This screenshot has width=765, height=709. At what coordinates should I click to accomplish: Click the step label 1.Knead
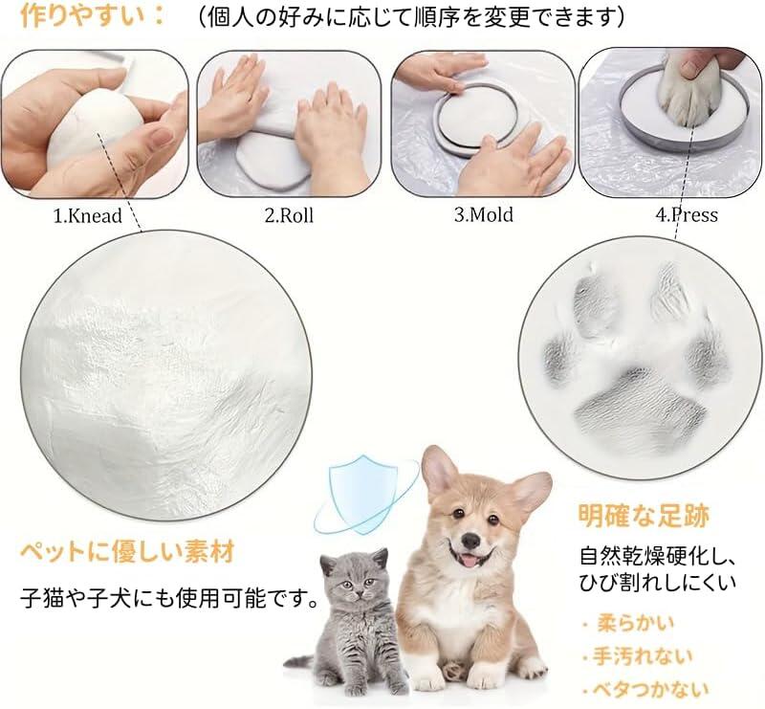pyautogui.click(x=87, y=215)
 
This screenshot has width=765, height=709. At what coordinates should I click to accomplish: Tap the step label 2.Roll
pyautogui.click(x=289, y=215)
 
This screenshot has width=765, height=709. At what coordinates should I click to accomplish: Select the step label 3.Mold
pyautogui.click(x=484, y=214)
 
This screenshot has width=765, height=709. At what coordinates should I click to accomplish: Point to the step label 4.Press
pyautogui.click(x=687, y=214)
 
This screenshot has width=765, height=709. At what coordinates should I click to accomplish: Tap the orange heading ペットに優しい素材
pyautogui.click(x=127, y=552)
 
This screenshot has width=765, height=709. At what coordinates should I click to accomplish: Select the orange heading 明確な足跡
pyautogui.click(x=644, y=515)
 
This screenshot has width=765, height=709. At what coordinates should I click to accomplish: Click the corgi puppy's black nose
pyautogui.click(x=470, y=540)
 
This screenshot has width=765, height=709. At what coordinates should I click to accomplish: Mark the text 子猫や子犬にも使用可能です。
pyautogui.click(x=169, y=599)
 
